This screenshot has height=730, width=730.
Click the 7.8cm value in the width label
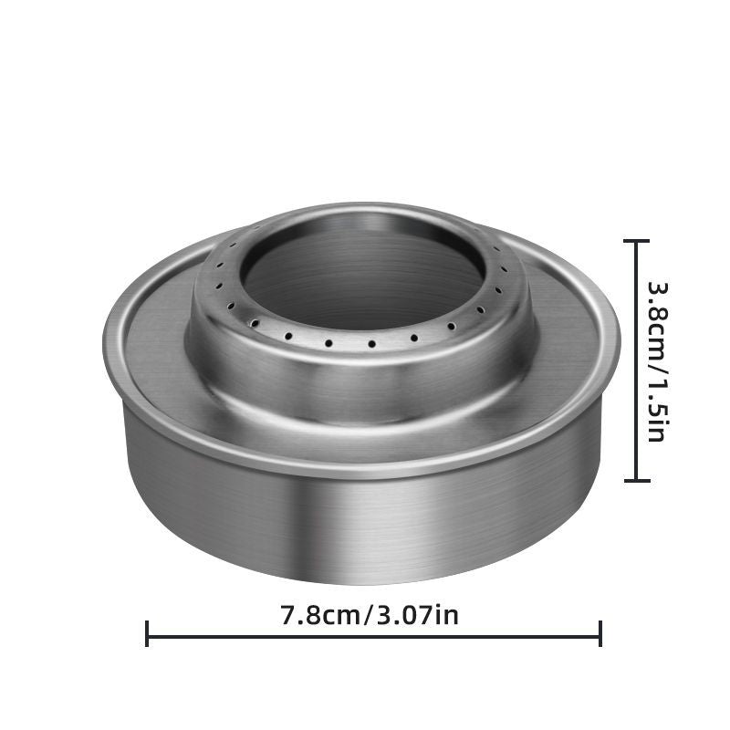tap(320, 615)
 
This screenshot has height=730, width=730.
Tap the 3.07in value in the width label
tap(417, 615)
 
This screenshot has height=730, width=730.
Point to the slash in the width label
tap(369, 615)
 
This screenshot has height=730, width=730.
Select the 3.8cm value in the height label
tap(658, 317)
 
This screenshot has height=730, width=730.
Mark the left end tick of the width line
tap(147, 633)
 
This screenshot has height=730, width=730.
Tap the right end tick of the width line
tap(600, 633)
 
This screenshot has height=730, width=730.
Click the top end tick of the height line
tap(636, 241)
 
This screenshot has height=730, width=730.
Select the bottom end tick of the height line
tap(636, 480)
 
